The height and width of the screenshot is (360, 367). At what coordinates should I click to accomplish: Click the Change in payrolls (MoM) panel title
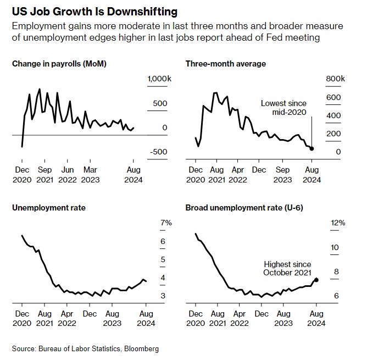pos(59,64)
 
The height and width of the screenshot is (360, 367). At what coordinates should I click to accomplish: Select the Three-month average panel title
pos(226,64)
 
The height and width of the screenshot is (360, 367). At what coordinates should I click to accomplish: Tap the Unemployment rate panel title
pos(49,208)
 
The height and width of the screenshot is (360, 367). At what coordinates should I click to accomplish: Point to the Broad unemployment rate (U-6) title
pos(244,208)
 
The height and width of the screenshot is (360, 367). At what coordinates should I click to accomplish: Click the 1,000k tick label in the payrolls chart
pos(159,80)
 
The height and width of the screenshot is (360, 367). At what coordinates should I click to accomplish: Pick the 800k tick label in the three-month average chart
pos(336,80)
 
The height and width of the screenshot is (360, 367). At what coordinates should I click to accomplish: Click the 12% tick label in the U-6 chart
pos(337,223)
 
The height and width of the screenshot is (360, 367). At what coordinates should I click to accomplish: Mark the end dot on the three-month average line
pos(312,148)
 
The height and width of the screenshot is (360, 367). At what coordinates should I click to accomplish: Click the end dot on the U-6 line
pos(316,280)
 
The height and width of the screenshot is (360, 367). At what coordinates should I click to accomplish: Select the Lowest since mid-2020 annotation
pos(283,108)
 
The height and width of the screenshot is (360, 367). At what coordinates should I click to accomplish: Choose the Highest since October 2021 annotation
pos(287,268)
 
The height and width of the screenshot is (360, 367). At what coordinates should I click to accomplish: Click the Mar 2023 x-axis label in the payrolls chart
pos(90,175)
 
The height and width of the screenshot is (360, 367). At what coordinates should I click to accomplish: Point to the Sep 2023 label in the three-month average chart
pos(283,175)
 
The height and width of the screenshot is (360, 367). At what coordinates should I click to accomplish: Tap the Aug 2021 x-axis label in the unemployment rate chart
pos(45,319)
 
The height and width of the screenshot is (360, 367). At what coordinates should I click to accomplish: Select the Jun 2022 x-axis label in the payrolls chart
pos(68,175)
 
